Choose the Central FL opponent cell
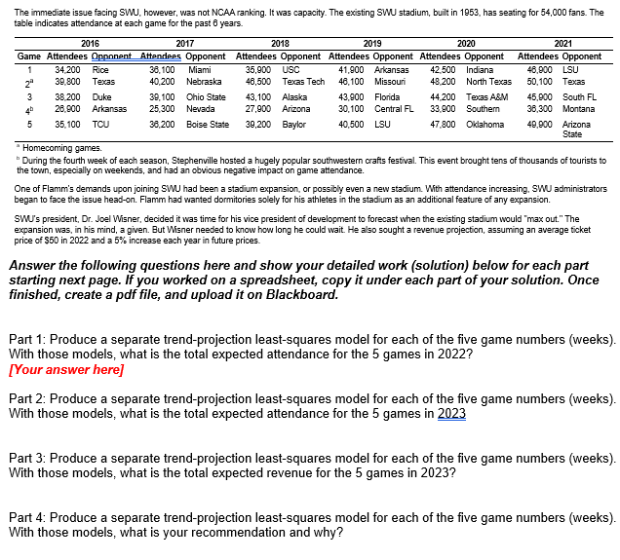[395, 108]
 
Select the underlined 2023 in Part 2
[451, 413]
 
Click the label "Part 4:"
[27, 517]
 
